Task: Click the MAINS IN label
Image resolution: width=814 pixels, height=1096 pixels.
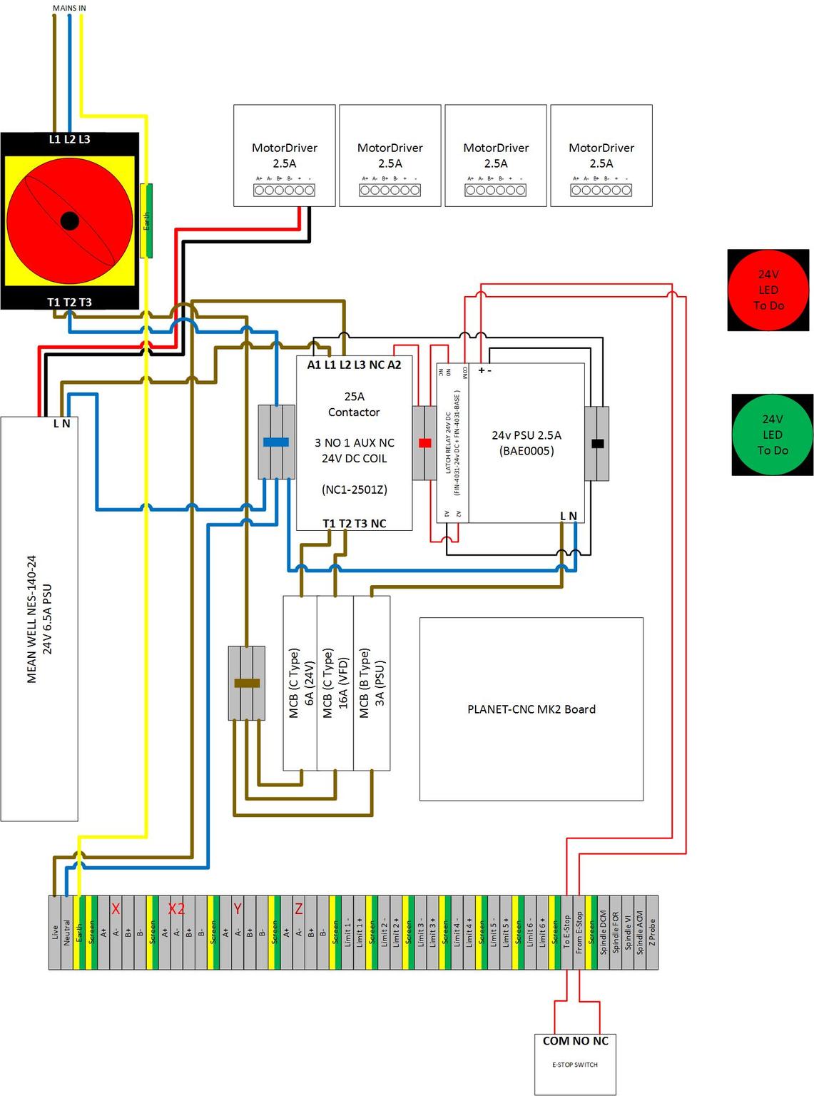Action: click(x=69, y=8)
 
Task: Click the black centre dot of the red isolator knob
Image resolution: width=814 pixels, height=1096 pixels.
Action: click(x=69, y=220)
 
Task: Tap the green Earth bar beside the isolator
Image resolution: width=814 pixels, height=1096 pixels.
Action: click(x=146, y=220)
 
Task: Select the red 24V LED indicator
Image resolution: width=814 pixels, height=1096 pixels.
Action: click(x=768, y=290)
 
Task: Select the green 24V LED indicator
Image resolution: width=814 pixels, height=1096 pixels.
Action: click(x=772, y=435)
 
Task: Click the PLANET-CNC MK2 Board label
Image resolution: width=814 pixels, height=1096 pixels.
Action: click(x=531, y=709)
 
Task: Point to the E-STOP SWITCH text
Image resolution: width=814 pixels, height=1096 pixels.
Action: click(x=575, y=1065)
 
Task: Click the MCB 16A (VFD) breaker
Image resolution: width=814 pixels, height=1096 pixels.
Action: click(x=335, y=683)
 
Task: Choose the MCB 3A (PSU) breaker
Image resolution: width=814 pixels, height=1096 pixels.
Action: click(x=372, y=683)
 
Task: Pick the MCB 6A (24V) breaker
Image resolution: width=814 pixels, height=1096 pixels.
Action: click(x=300, y=683)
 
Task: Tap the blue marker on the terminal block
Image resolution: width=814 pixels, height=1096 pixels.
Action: click(x=276, y=442)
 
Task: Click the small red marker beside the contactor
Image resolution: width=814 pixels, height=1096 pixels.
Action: click(x=425, y=443)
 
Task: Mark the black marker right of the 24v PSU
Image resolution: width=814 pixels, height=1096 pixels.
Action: click(x=598, y=443)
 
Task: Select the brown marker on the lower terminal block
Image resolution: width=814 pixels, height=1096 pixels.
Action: click(x=247, y=683)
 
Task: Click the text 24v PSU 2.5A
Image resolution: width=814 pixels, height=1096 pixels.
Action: click(x=526, y=435)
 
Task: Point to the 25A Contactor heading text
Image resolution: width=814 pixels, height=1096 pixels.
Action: click(x=354, y=404)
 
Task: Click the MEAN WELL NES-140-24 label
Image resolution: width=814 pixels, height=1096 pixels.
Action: click(x=31, y=619)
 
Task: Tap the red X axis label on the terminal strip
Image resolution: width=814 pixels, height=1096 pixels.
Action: click(x=116, y=909)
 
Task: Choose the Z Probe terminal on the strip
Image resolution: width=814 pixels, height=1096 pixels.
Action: click(x=651, y=933)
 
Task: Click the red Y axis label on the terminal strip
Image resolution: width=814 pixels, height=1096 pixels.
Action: click(x=238, y=909)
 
